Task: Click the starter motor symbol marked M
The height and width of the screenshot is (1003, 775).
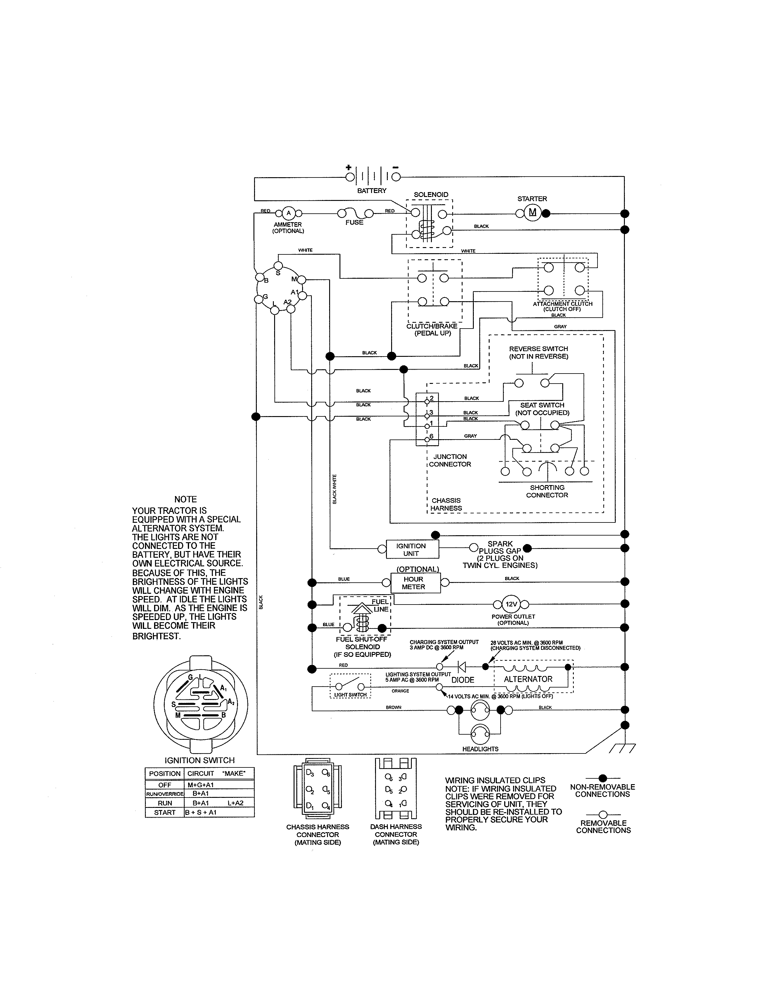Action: point(532,213)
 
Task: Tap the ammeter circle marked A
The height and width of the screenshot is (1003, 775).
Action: point(288,213)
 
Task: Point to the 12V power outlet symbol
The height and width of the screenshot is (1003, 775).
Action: point(511,604)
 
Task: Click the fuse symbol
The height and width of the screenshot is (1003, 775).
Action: point(355,214)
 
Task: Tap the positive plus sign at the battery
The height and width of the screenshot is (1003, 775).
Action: point(349,168)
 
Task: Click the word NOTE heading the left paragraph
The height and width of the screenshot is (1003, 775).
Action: point(185,499)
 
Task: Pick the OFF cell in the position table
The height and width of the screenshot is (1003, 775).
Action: point(164,785)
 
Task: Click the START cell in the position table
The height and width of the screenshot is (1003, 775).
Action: point(164,812)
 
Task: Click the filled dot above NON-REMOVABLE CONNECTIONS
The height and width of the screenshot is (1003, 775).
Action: point(603,778)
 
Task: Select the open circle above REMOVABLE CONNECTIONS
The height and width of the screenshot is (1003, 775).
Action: point(603,815)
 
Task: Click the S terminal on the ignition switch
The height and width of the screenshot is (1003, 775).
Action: point(278,266)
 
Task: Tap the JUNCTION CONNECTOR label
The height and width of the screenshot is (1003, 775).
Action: point(450,460)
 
